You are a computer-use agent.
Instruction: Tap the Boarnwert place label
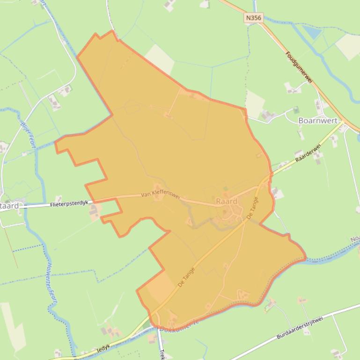click(x=318, y=121)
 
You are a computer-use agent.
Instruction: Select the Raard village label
click(x=227, y=202)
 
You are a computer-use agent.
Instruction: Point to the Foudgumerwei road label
click(x=299, y=68)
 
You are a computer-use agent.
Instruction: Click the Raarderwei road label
click(x=308, y=154)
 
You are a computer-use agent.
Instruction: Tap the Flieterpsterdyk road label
click(x=69, y=204)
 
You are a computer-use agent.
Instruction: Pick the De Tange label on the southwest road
click(x=186, y=277)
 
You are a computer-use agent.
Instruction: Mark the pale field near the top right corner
click(x=348, y=46)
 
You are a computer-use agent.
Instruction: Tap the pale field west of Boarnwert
click(x=255, y=103)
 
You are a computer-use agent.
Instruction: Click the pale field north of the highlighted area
click(x=160, y=59)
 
